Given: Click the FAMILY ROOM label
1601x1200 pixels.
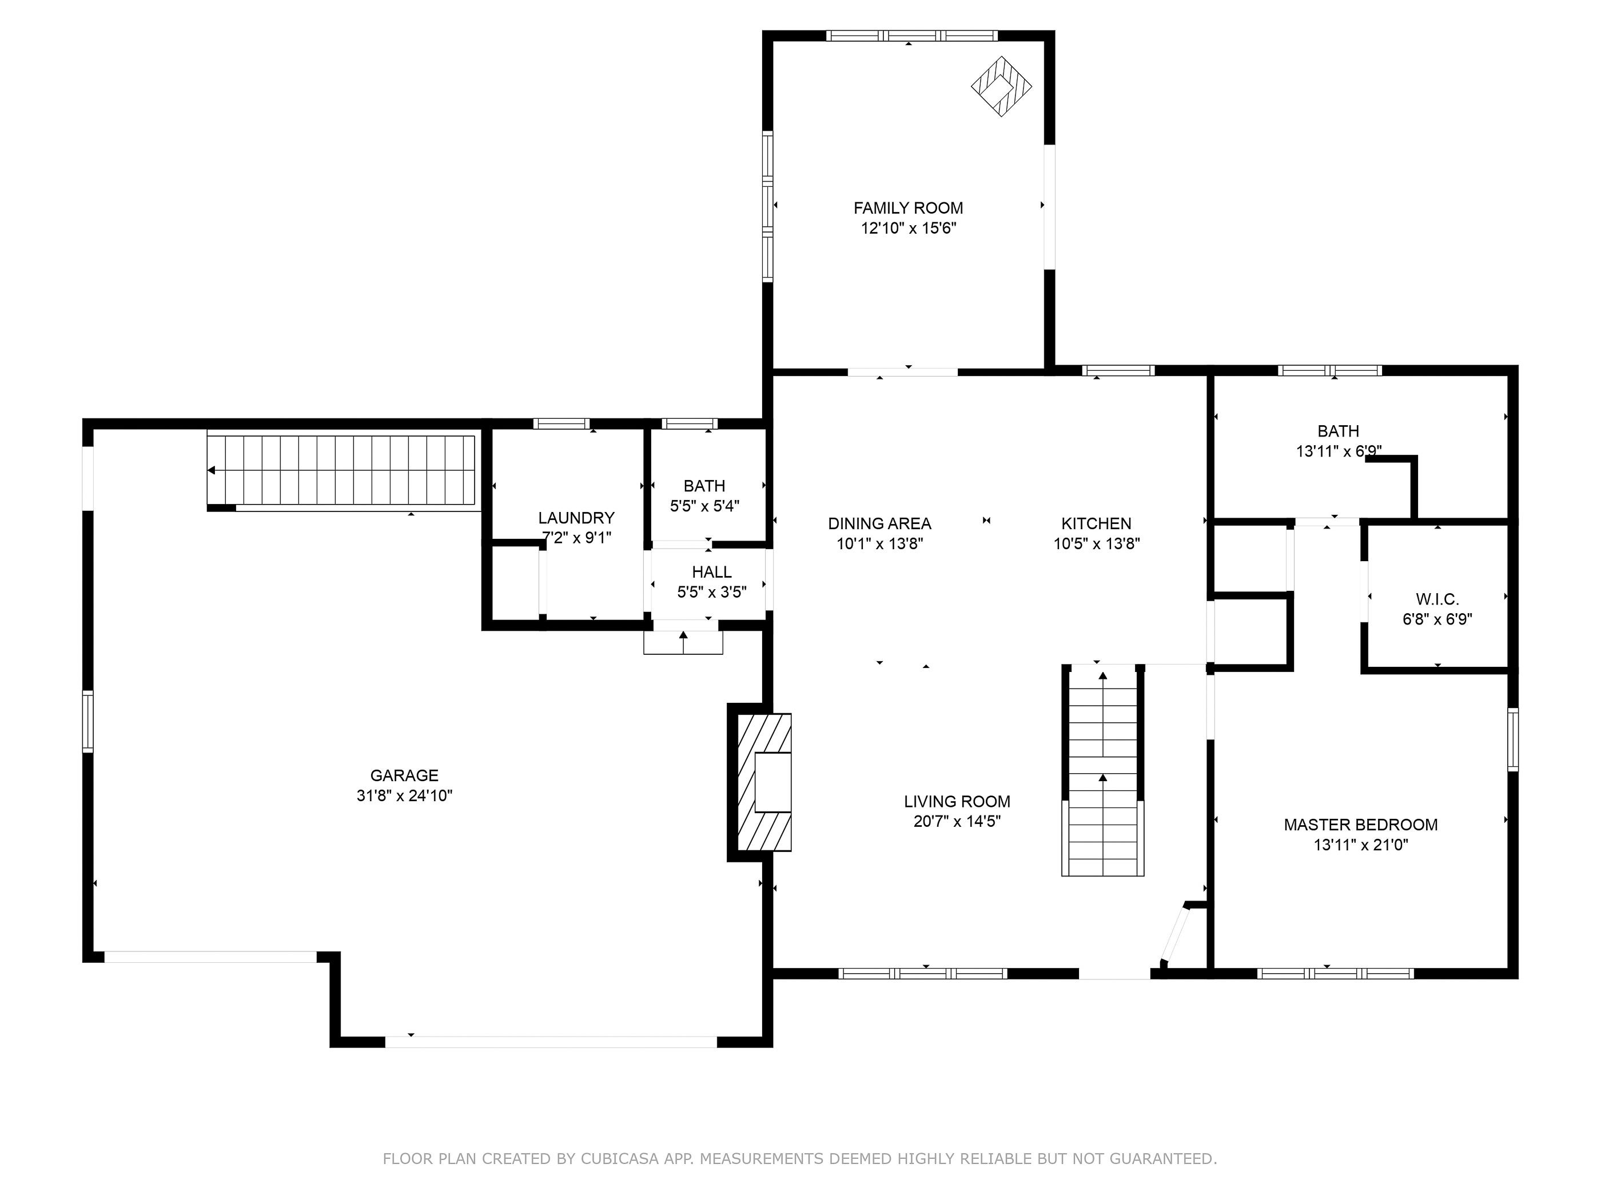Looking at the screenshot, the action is click(909, 209).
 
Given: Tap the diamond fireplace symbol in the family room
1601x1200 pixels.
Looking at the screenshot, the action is click(1001, 86).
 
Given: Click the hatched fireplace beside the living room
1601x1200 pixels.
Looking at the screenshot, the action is click(763, 782).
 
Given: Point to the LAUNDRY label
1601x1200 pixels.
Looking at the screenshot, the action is click(576, 518).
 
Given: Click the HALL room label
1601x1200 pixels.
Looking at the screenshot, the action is click(711, 572).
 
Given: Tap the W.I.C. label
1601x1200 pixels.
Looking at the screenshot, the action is click(1437, 599).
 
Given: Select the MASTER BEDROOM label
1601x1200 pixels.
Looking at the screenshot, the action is click(1361, 825).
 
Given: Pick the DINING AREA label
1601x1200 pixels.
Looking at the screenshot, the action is click(879, 523).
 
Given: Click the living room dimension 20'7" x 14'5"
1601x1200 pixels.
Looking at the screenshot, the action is click(957, 822).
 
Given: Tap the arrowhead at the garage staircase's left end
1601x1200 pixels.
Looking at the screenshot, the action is click(212, 470).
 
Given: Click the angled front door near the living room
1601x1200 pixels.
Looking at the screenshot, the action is click(1174, 933).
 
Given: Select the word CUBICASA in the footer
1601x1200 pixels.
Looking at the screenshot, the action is click(620, 1159).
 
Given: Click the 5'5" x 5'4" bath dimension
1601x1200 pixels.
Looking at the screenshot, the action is click(704, 506).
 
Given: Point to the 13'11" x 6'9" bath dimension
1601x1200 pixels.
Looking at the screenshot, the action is click(1339, 451).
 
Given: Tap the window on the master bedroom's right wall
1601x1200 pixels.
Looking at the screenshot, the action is click(1514, 739).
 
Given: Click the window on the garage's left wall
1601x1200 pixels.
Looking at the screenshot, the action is click(87, 721).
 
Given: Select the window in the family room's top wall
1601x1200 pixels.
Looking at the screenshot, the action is click(912, 35).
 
